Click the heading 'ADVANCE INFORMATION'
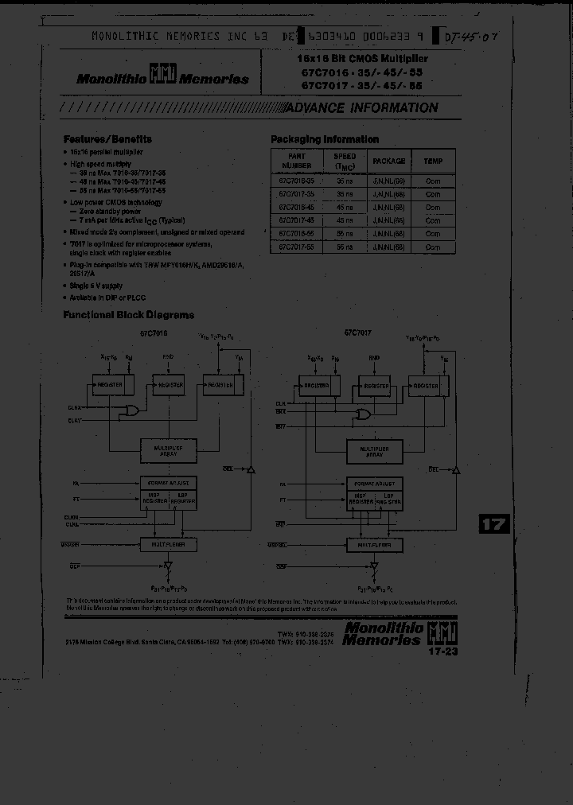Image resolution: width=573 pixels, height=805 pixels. point(360,108)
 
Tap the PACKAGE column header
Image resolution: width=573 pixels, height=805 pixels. point(388,161)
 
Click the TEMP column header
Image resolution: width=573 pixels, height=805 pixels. point(433,161)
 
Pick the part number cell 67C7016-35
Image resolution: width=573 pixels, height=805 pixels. point(296,181)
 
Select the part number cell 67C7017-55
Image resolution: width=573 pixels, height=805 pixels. point(296,247)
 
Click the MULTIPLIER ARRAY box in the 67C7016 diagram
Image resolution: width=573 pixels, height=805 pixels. point(168,449)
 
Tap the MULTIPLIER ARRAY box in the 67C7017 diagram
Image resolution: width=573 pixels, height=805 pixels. point(374,450)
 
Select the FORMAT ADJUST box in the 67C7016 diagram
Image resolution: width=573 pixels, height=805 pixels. point(168,483)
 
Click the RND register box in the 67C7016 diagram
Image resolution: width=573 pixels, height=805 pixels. point(170,385)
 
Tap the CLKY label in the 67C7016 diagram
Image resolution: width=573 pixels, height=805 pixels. point(74,420)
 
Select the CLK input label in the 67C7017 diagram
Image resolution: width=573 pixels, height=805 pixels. point(280,404)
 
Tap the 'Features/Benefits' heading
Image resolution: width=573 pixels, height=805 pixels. point(107,139)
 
